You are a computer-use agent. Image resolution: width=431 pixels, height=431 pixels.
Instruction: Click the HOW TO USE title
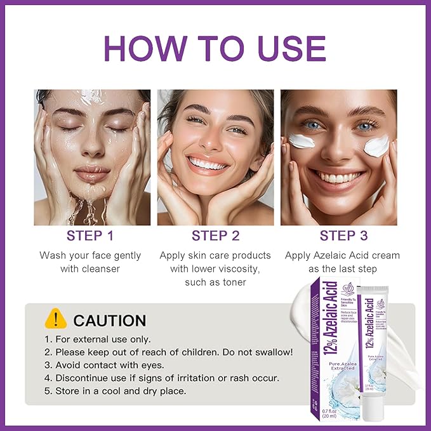pos(215,48)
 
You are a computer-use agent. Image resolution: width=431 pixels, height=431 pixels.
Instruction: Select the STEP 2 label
pos(215,236)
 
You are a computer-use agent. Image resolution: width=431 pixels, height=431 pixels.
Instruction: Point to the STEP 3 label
pos(343,236)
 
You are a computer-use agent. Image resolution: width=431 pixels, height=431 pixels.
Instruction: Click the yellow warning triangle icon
pos(56,318)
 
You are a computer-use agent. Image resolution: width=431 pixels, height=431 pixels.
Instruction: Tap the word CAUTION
pos(109,320)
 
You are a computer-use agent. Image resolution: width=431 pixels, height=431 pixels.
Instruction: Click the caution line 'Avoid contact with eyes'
pos(109,365)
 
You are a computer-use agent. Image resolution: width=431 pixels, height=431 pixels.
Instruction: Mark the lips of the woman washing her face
pos(93,173)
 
